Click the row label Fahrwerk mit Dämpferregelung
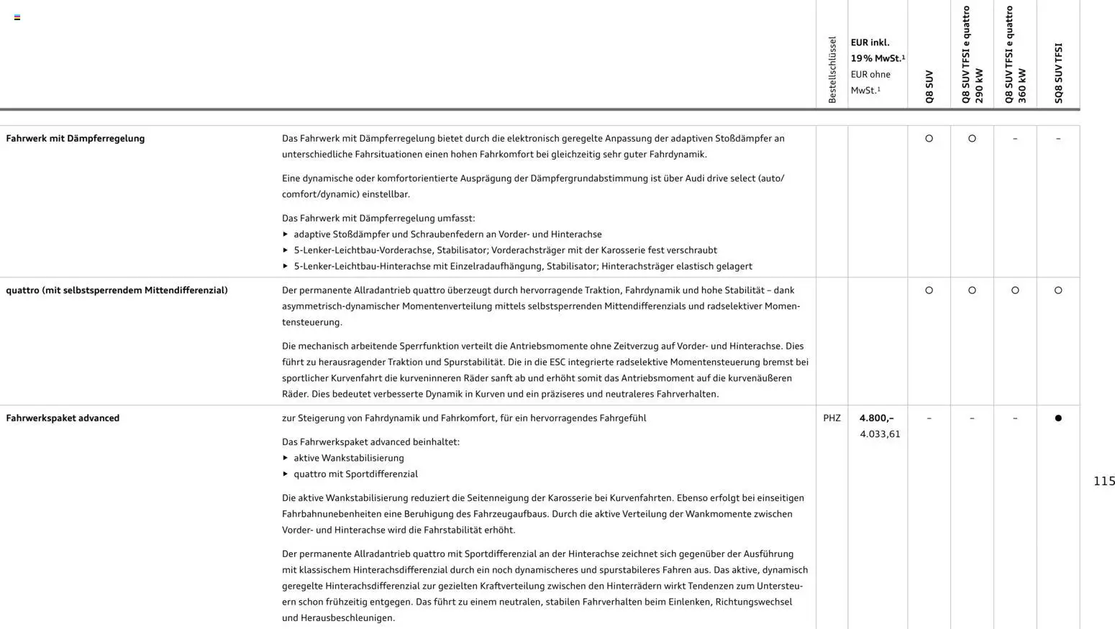(76, 139)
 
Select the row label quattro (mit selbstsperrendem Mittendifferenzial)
(117, 290)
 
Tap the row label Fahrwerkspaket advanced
(63, 418)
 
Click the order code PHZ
(832, 418)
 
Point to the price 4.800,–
(876, 418)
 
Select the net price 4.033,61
(880, 434)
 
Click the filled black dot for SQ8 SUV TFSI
(1057, 418)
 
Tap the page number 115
(1103, 481)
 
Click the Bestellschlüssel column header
(832, 70)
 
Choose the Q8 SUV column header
(929, 86)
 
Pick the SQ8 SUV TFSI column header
(1058, 73)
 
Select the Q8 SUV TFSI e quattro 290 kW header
(972, 55)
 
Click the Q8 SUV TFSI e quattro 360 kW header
(1015, 55)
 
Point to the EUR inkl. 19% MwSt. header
(877, 50)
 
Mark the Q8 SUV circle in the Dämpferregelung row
(929, 139)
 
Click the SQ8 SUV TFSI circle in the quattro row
(1057, 290)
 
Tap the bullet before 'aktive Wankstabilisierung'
(286, 458)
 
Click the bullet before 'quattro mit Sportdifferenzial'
(286, 474)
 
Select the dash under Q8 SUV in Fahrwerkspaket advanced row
(929, 418)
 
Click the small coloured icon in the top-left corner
(17, 17)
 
